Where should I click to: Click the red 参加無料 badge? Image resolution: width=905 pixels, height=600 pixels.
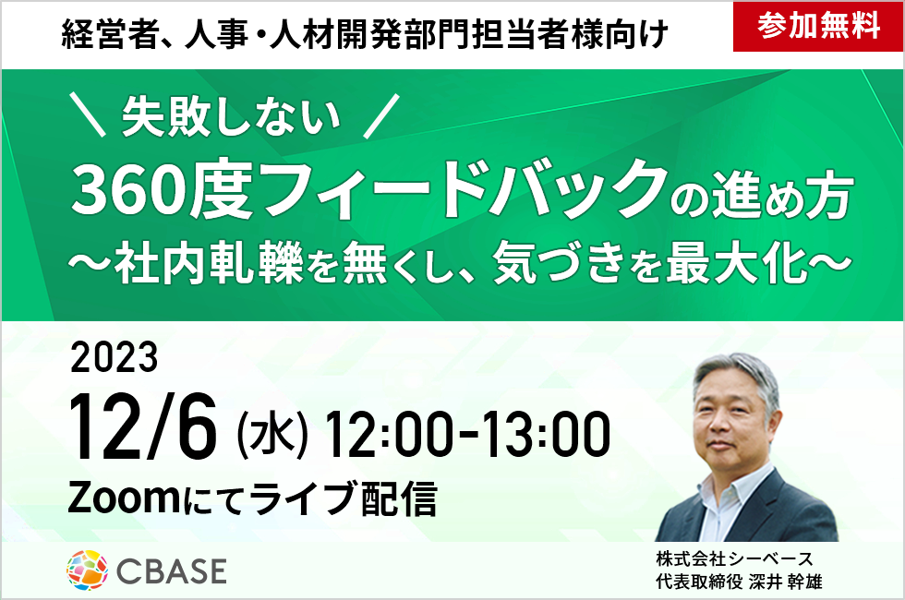pos(818,27)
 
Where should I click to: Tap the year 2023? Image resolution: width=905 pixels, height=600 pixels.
pos(114,357)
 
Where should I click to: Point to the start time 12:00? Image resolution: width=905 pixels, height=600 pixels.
pos(388,433)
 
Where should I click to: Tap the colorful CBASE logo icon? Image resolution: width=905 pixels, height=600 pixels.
pos(87,570)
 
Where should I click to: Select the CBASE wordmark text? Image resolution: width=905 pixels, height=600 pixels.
pos(172,571)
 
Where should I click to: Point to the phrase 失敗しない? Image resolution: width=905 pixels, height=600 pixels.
pos(231,116)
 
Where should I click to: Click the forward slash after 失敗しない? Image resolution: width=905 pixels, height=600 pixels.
pos(381,116)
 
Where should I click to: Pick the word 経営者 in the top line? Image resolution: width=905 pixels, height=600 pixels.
pos(110,35)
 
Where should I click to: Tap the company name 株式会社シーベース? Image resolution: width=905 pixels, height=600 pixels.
pos(735,558)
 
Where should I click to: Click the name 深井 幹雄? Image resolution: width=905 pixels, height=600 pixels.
pos(785,581)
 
